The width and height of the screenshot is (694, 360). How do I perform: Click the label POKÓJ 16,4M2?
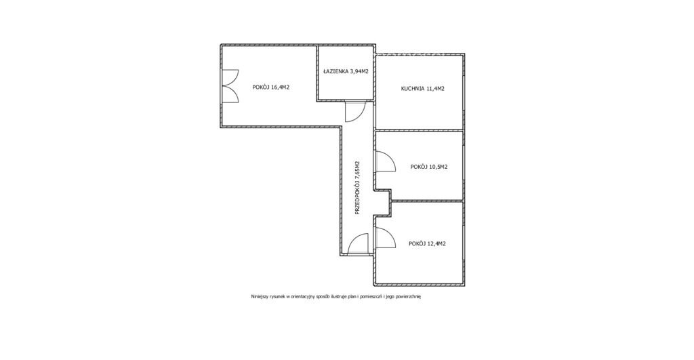pyautogui.click(x=271, y=87)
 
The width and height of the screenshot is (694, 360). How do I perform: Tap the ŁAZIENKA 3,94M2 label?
pyautogui.click(x=346, y=71)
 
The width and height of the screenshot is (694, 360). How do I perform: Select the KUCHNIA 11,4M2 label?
pyautogui.click(x=423, y=88)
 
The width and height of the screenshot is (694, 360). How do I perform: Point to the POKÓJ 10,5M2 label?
pyautogui.click(x=429, y=167)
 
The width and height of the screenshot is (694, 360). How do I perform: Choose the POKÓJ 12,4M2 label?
pyautogui.click(x=427, y=243)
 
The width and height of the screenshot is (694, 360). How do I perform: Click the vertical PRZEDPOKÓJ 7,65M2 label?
pyautogui.click(x=358, y=188)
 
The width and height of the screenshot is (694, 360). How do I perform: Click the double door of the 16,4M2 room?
pyautogui.click(x=230, y=86)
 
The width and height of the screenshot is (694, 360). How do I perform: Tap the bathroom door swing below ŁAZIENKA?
pyautogui.click(x=355, y=111)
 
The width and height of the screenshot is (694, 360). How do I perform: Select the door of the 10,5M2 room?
pyautogui.click(x=385, y=161)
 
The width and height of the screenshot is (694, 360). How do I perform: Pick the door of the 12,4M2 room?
pyautogui.click(x=385, y=238)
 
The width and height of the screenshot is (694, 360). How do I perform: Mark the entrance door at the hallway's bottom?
pyautogui.click(x=358, y=244)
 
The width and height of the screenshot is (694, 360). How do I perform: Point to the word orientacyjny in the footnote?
pyautogui.click(x=304, y=297)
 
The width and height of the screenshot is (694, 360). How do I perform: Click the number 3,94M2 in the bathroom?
pyautogui.click(x=360, y=71)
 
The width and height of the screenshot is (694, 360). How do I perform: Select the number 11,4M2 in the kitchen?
pyautogui.click(x=436, y=88)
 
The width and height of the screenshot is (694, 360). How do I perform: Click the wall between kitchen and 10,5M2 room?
pyautogui.click(x=419, y=130)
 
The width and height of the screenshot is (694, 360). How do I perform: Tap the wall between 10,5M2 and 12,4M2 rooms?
pyautogui.click(x=428, y=201)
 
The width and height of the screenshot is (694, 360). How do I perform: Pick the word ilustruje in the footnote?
pyautogui.click(x=346, y=297)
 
